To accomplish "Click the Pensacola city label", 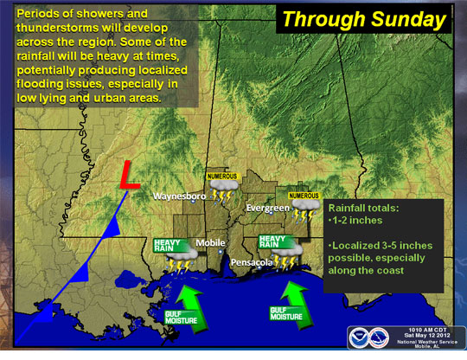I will coord(251,260).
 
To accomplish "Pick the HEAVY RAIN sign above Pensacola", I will coord(275,240).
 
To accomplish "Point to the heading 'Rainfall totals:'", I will coord(362,209).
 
